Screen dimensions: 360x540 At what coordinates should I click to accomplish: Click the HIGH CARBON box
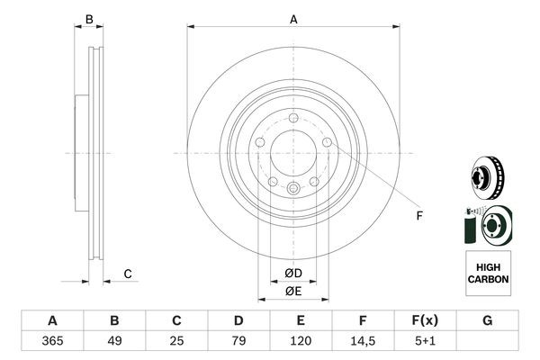pos(488,274)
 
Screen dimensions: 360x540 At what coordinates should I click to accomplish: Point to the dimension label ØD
pos(292,273)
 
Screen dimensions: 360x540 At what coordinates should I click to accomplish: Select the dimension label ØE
pos(292,291)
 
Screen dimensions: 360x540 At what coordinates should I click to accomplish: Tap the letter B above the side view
pos(88,18)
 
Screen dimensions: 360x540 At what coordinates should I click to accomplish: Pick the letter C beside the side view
pos(128,273)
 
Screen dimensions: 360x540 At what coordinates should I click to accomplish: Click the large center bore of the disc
pos(293,152)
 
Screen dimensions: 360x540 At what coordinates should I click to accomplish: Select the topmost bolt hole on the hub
pos(293,118)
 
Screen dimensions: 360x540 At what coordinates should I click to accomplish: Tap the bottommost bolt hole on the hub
pos(293,187)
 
